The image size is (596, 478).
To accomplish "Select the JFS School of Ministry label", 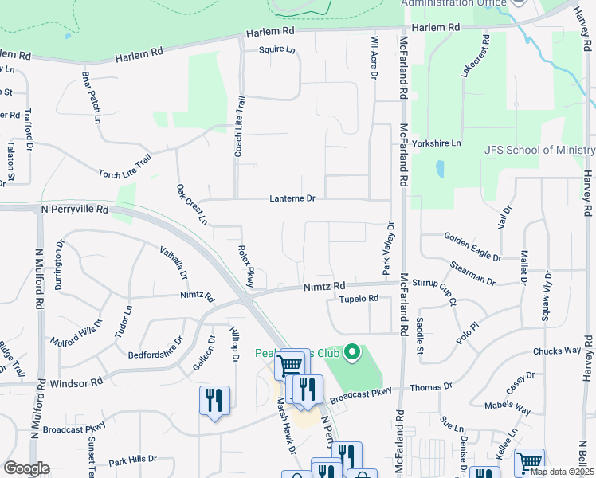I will tap(539, 150).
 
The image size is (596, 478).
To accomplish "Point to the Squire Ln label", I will tap(276, 50).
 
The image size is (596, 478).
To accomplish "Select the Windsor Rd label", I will tap(76, 382).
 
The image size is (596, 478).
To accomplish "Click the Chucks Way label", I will tap(557, 351).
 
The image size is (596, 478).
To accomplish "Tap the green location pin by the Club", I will tap(351, 352).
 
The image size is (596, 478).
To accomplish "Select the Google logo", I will tap(26, 468).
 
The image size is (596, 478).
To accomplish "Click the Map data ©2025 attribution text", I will tap(562, 472).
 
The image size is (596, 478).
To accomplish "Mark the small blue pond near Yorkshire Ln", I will tap(440, 169).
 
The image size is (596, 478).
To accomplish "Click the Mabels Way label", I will tap(511, 409).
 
